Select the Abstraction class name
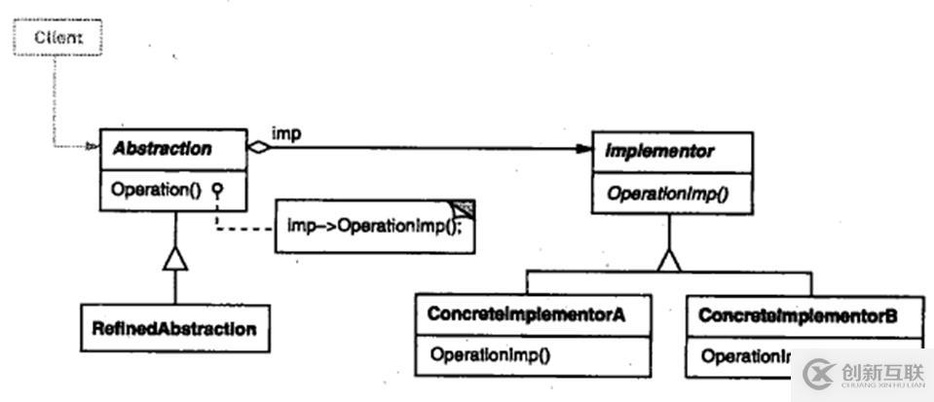coord(163,149)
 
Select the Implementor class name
coord(659,152)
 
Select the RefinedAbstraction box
coord(175,329)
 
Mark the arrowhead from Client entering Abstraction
coord(92,149)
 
